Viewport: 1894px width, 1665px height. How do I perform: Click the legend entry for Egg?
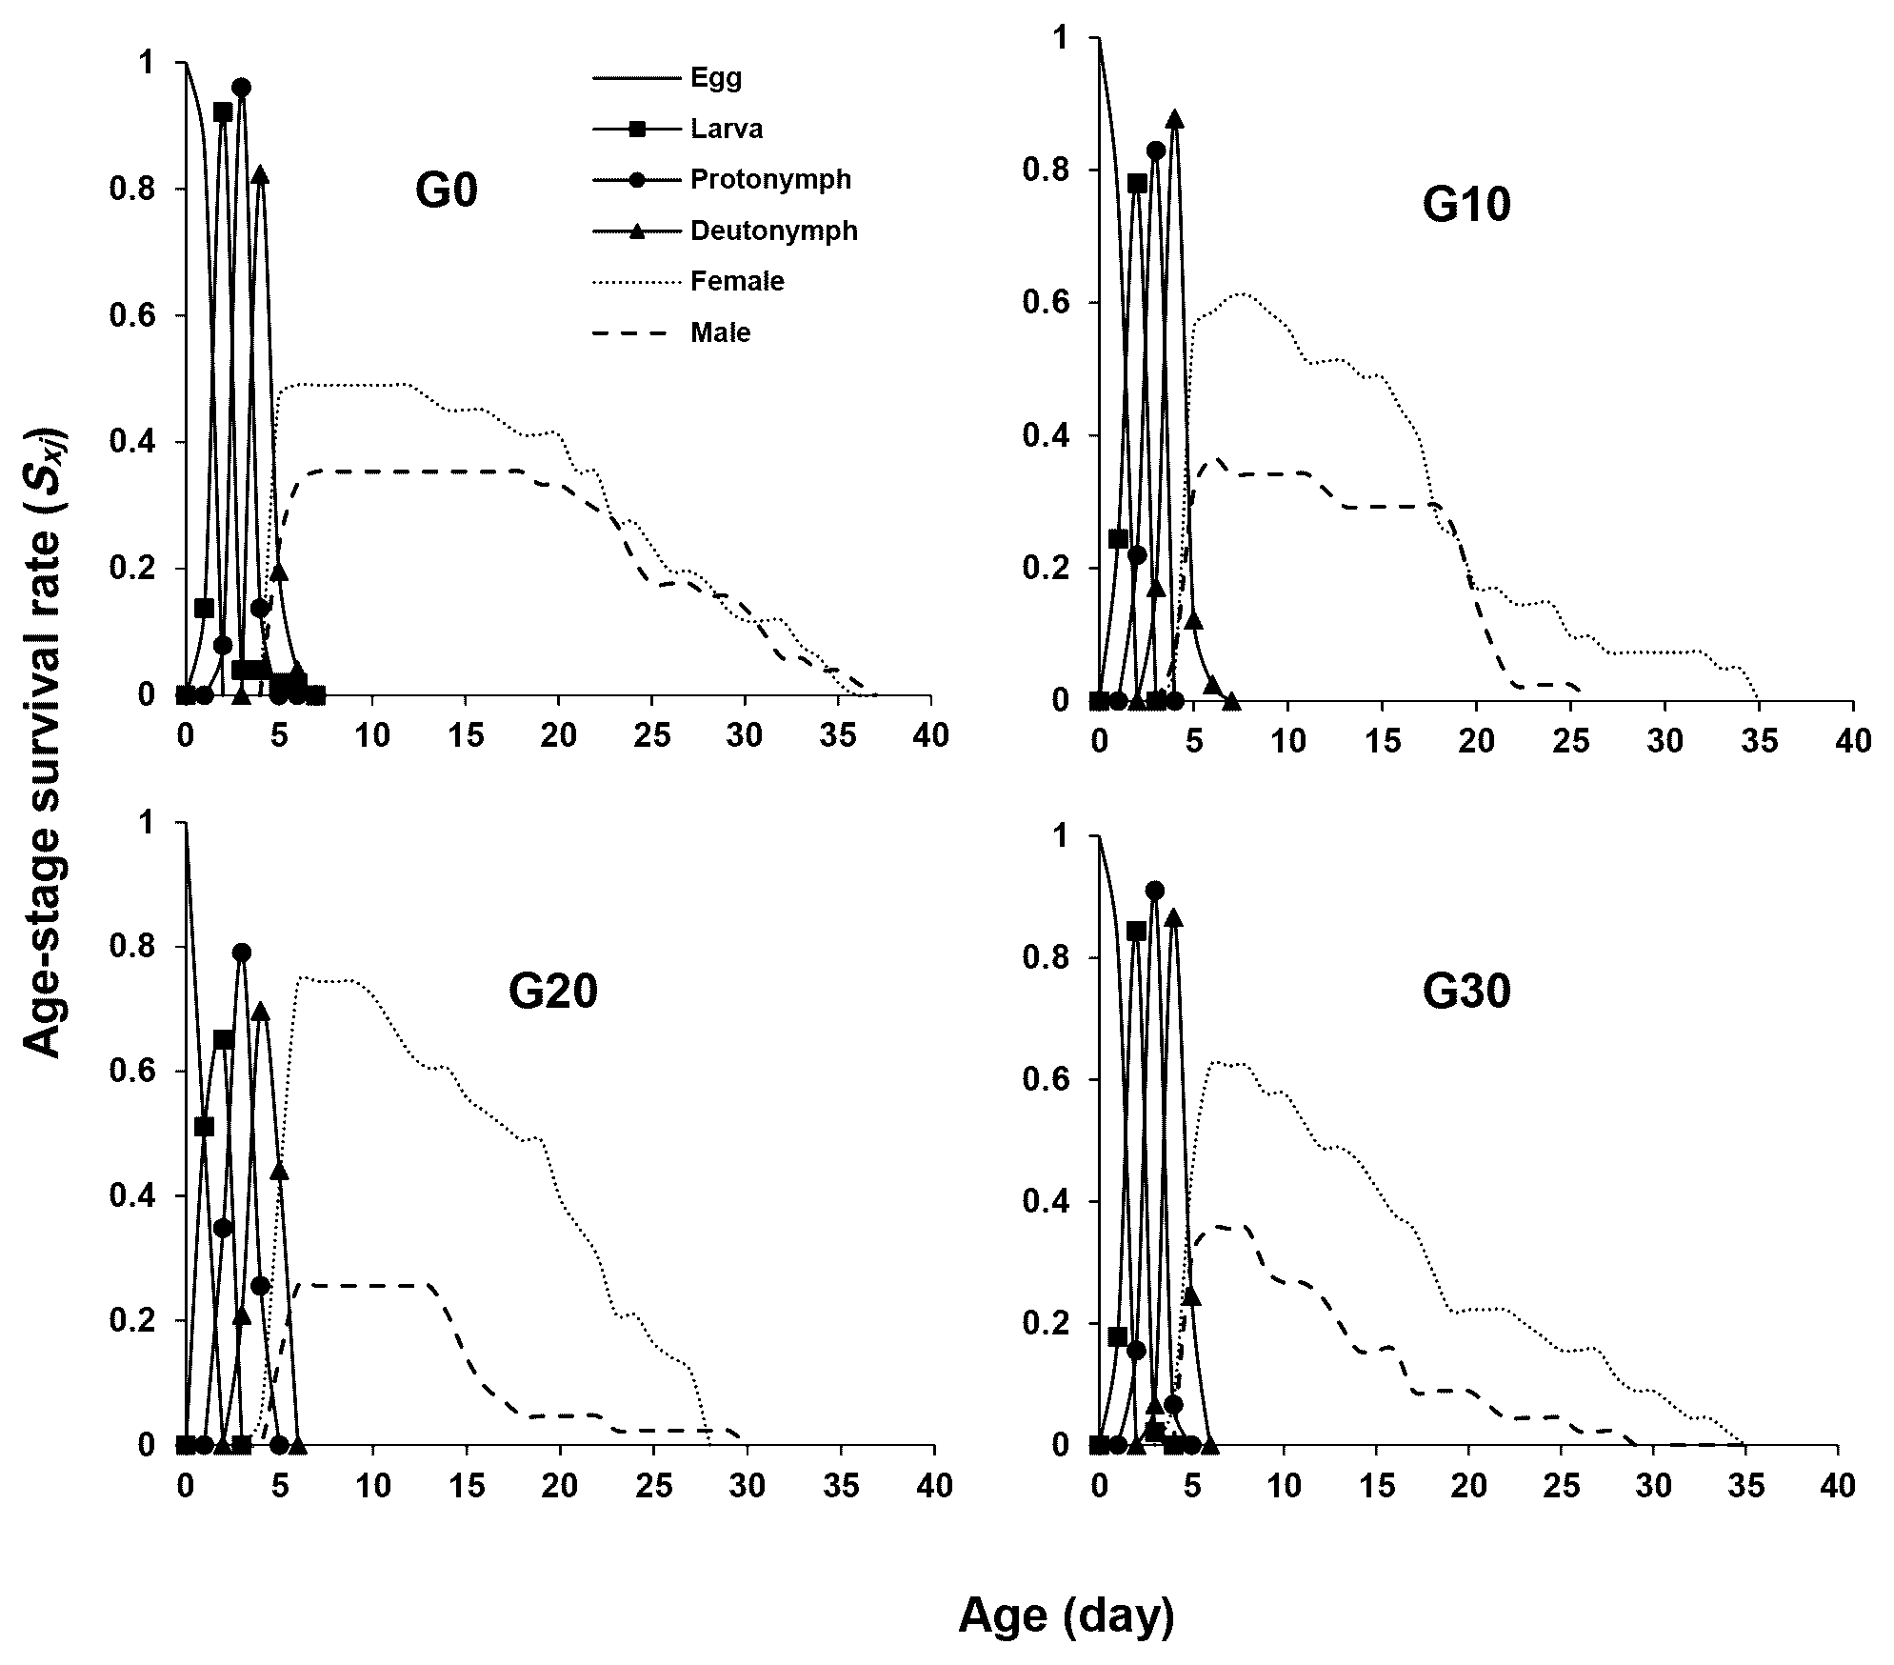click(716, 78)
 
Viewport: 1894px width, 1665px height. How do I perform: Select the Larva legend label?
click(727, 130)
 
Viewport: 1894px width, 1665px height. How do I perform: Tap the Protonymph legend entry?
click(770, 180)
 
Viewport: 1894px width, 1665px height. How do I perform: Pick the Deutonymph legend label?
click(773, 231)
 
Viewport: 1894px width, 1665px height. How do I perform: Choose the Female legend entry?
click(737, 282)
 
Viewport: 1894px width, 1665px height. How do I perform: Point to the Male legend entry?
click(721, 333)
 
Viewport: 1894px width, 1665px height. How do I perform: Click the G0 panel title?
click(447, 191)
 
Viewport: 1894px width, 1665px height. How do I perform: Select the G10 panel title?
click(1466, 204)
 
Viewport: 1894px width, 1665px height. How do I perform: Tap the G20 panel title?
click(552, 992)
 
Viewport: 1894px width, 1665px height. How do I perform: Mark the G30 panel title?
click(1466, 993)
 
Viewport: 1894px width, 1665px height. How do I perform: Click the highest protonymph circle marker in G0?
click(242, 88)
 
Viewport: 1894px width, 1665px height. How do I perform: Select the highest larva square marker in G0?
click(223, 112)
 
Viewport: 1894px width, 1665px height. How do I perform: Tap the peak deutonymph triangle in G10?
click(1175, 119)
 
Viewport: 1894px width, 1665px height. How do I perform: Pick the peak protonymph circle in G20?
click(242, 952)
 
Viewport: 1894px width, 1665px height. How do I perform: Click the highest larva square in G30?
click(1136, 931)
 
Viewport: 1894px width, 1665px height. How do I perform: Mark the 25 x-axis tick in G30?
click(1560, 1486)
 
